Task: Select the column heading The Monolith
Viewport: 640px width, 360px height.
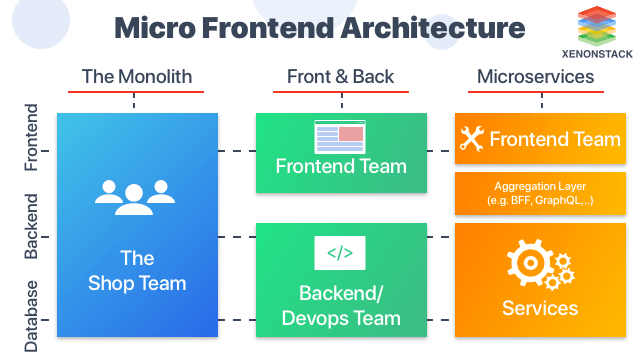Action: pyautogui.click(x=136, y=77)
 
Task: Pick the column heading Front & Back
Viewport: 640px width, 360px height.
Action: pyautogui.click(x=341, y=77)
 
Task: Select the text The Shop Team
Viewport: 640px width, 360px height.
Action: pyautogui.click(x=137, y=270)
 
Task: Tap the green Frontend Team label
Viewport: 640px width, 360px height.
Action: pyautogui.click(x=341, y=167)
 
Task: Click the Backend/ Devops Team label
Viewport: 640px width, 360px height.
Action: pyautogui.click(x=341, y=306)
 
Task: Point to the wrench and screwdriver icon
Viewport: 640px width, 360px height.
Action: pyautogui.click(x=472, y=139)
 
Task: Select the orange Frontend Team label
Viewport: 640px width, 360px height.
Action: pyautogui.click(x=554, y=139)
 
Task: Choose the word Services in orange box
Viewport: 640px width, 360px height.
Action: pyautogui.click(x=539, y=308)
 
